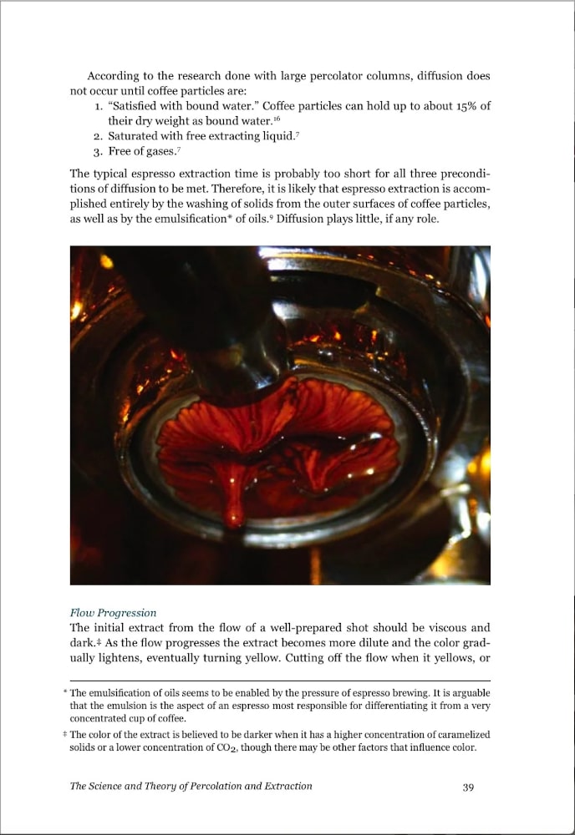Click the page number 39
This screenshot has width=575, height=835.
point(468,786)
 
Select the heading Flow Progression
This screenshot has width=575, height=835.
point(113,613)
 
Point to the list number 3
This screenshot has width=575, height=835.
point(97,152)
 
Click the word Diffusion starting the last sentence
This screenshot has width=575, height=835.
point(303,220)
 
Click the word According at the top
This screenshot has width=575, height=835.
point(115,76)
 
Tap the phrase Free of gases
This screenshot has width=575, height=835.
point(142,152)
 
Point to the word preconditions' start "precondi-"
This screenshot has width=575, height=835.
point(464,175)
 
